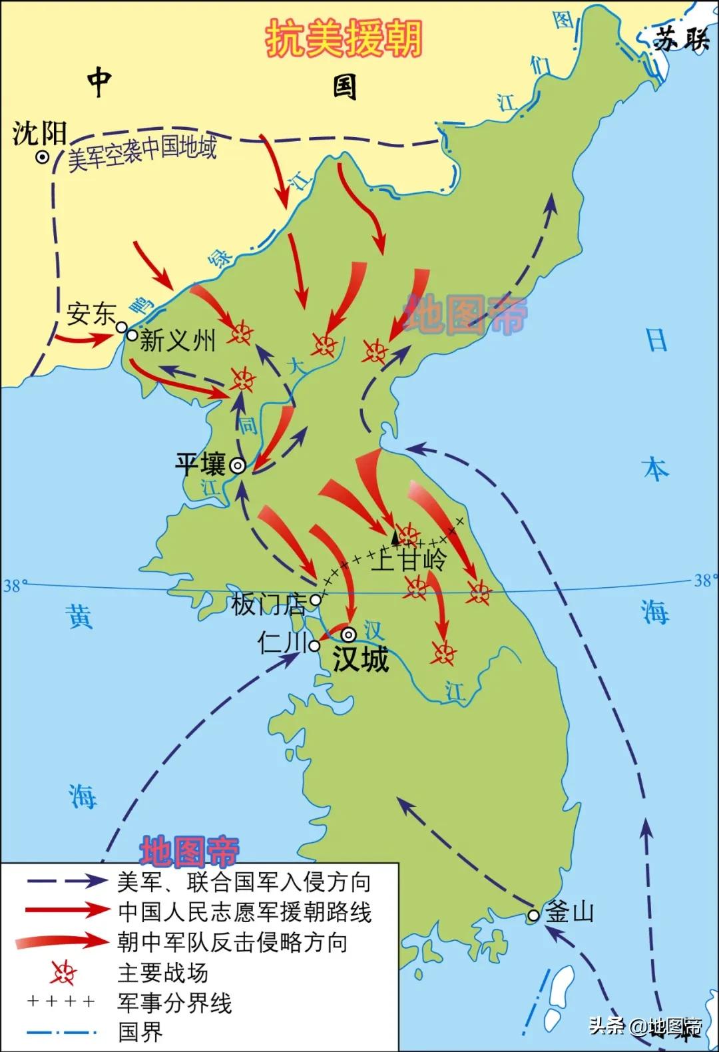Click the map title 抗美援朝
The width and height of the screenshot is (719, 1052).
tap(344, 38)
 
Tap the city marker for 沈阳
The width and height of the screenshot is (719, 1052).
tap(43, 158)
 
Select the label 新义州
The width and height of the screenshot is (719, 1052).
tap(178, 341)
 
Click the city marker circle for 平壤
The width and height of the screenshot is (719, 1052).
tap(237, 466)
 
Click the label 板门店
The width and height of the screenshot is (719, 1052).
tap(268, 605)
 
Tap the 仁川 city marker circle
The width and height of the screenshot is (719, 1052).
tap(314, 645)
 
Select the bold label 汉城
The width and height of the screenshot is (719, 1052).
tap(360, 659)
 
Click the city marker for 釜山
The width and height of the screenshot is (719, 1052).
tap(533, 916)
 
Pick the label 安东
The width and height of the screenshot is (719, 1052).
tap(91, 314)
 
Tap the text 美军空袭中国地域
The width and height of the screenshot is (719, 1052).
tap(142, 152)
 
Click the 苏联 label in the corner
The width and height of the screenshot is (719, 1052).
tap(680, 40)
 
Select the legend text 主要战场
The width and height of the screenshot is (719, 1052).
tap(162, 972)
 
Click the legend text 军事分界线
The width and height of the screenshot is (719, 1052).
tap(174, 1003)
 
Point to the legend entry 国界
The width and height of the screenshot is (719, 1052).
tap(140, 1033)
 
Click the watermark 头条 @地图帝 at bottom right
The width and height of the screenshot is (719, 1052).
tap(645, 1026)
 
